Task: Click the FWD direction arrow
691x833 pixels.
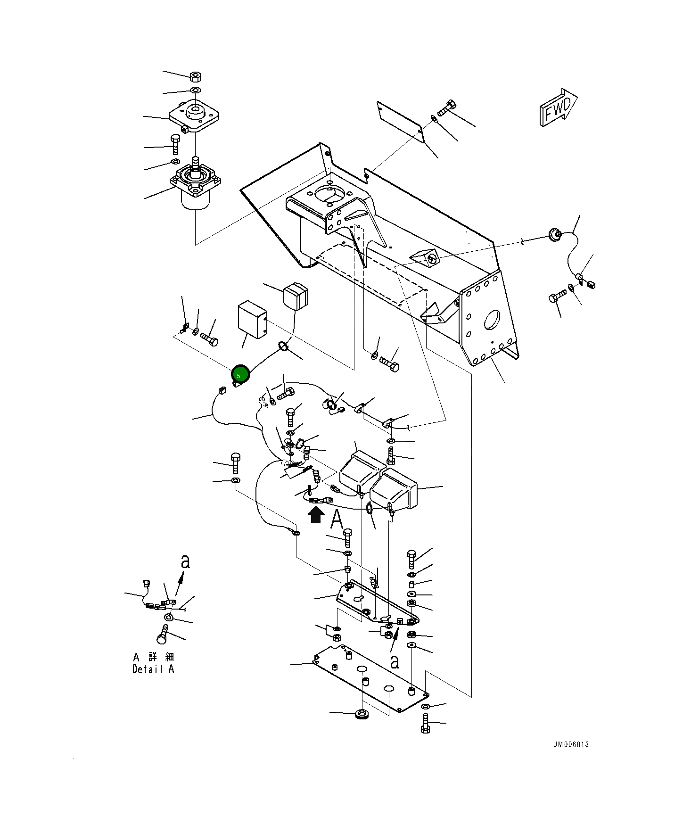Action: pos(559,108)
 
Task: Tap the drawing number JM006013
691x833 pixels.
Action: pos(571,745)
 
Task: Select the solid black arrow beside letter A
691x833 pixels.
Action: pos(316,514)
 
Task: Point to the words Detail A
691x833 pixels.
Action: pos(153,669)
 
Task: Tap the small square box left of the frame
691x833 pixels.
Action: pos(252,320)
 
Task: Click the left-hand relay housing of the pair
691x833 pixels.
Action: pos(359,471)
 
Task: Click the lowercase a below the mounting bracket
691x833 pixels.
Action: pos(395,661)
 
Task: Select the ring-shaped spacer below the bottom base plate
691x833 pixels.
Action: pos(362,713)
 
